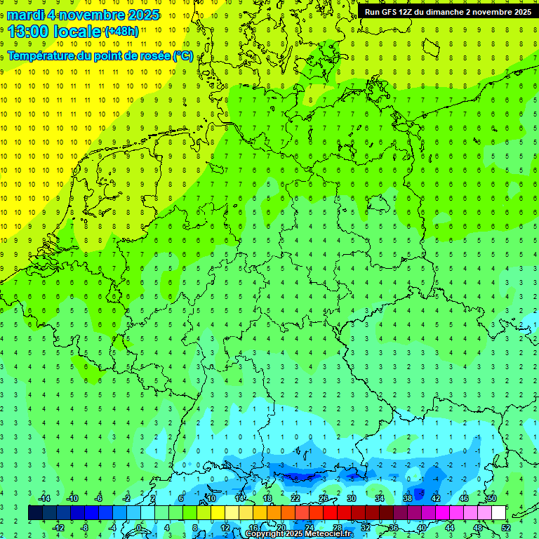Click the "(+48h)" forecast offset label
click(x=121, y=32)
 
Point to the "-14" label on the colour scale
click(x=44, y=498)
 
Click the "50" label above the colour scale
click(x=491, y=498)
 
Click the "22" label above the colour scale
click(x=295, y=498)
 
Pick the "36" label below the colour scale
click(x=394, y=528)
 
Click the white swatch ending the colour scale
click(x=498, y=513)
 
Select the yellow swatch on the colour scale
click(x=218, y=513)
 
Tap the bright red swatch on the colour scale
click(x=330, y=513)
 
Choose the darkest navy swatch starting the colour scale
click(x=35, y=513)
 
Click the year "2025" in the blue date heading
click(x=140, y=15)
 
